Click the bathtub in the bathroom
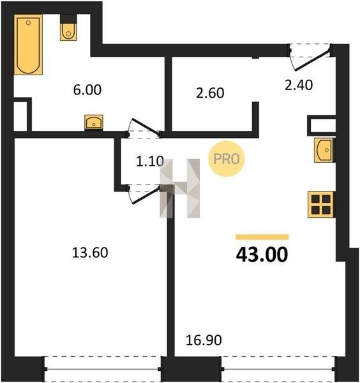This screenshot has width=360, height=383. click(x=28, y=45)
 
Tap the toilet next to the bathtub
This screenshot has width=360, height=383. click(x=68, y=31)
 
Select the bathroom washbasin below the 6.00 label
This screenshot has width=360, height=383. click(x=94, y=122)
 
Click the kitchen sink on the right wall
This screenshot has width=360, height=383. click(x=324, y=150)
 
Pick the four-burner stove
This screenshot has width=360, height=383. click(x=321, y=204)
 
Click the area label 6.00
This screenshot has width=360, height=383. click(x=87, y=89)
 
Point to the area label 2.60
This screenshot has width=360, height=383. click(x=210, y=93)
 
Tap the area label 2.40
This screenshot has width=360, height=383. click(x=299, y=85)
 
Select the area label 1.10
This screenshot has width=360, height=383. click(x=150, y=161)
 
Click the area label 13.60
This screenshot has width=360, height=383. click(x=90, y=253)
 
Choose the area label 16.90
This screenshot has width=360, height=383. click(x=204, y=340)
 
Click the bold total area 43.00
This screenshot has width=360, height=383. click(x=262, y=255)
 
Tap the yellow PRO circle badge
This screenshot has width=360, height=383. click(x=227, y=159)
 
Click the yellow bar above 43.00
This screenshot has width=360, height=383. click(x=262, y=237)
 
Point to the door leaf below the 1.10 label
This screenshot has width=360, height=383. click(x=146, y=196)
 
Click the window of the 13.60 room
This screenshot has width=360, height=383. click(x=103, y=369)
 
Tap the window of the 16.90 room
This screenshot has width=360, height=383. click(x=279, y=369)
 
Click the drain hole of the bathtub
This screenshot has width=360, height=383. click(x=28, y=23)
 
